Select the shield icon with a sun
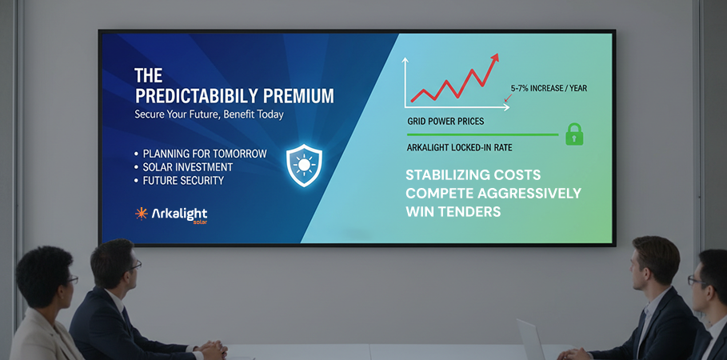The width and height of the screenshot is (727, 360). point(304,165)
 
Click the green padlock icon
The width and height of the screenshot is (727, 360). point(573,134)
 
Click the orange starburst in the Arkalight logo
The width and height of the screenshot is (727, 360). point(142,214)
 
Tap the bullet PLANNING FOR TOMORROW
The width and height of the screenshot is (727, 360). point(205,153)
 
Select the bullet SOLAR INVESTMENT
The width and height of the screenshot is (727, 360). point(188,166)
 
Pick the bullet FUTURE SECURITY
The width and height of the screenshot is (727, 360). point(184,180)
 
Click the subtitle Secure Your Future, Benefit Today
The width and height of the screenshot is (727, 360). point(209,114)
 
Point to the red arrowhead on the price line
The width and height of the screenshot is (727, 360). point(495,58)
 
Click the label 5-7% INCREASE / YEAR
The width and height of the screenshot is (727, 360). point(549,88)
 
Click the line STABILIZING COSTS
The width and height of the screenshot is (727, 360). point(473,175)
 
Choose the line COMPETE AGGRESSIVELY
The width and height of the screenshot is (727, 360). point(493,194)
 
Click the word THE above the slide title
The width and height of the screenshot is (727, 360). point(148,76)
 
